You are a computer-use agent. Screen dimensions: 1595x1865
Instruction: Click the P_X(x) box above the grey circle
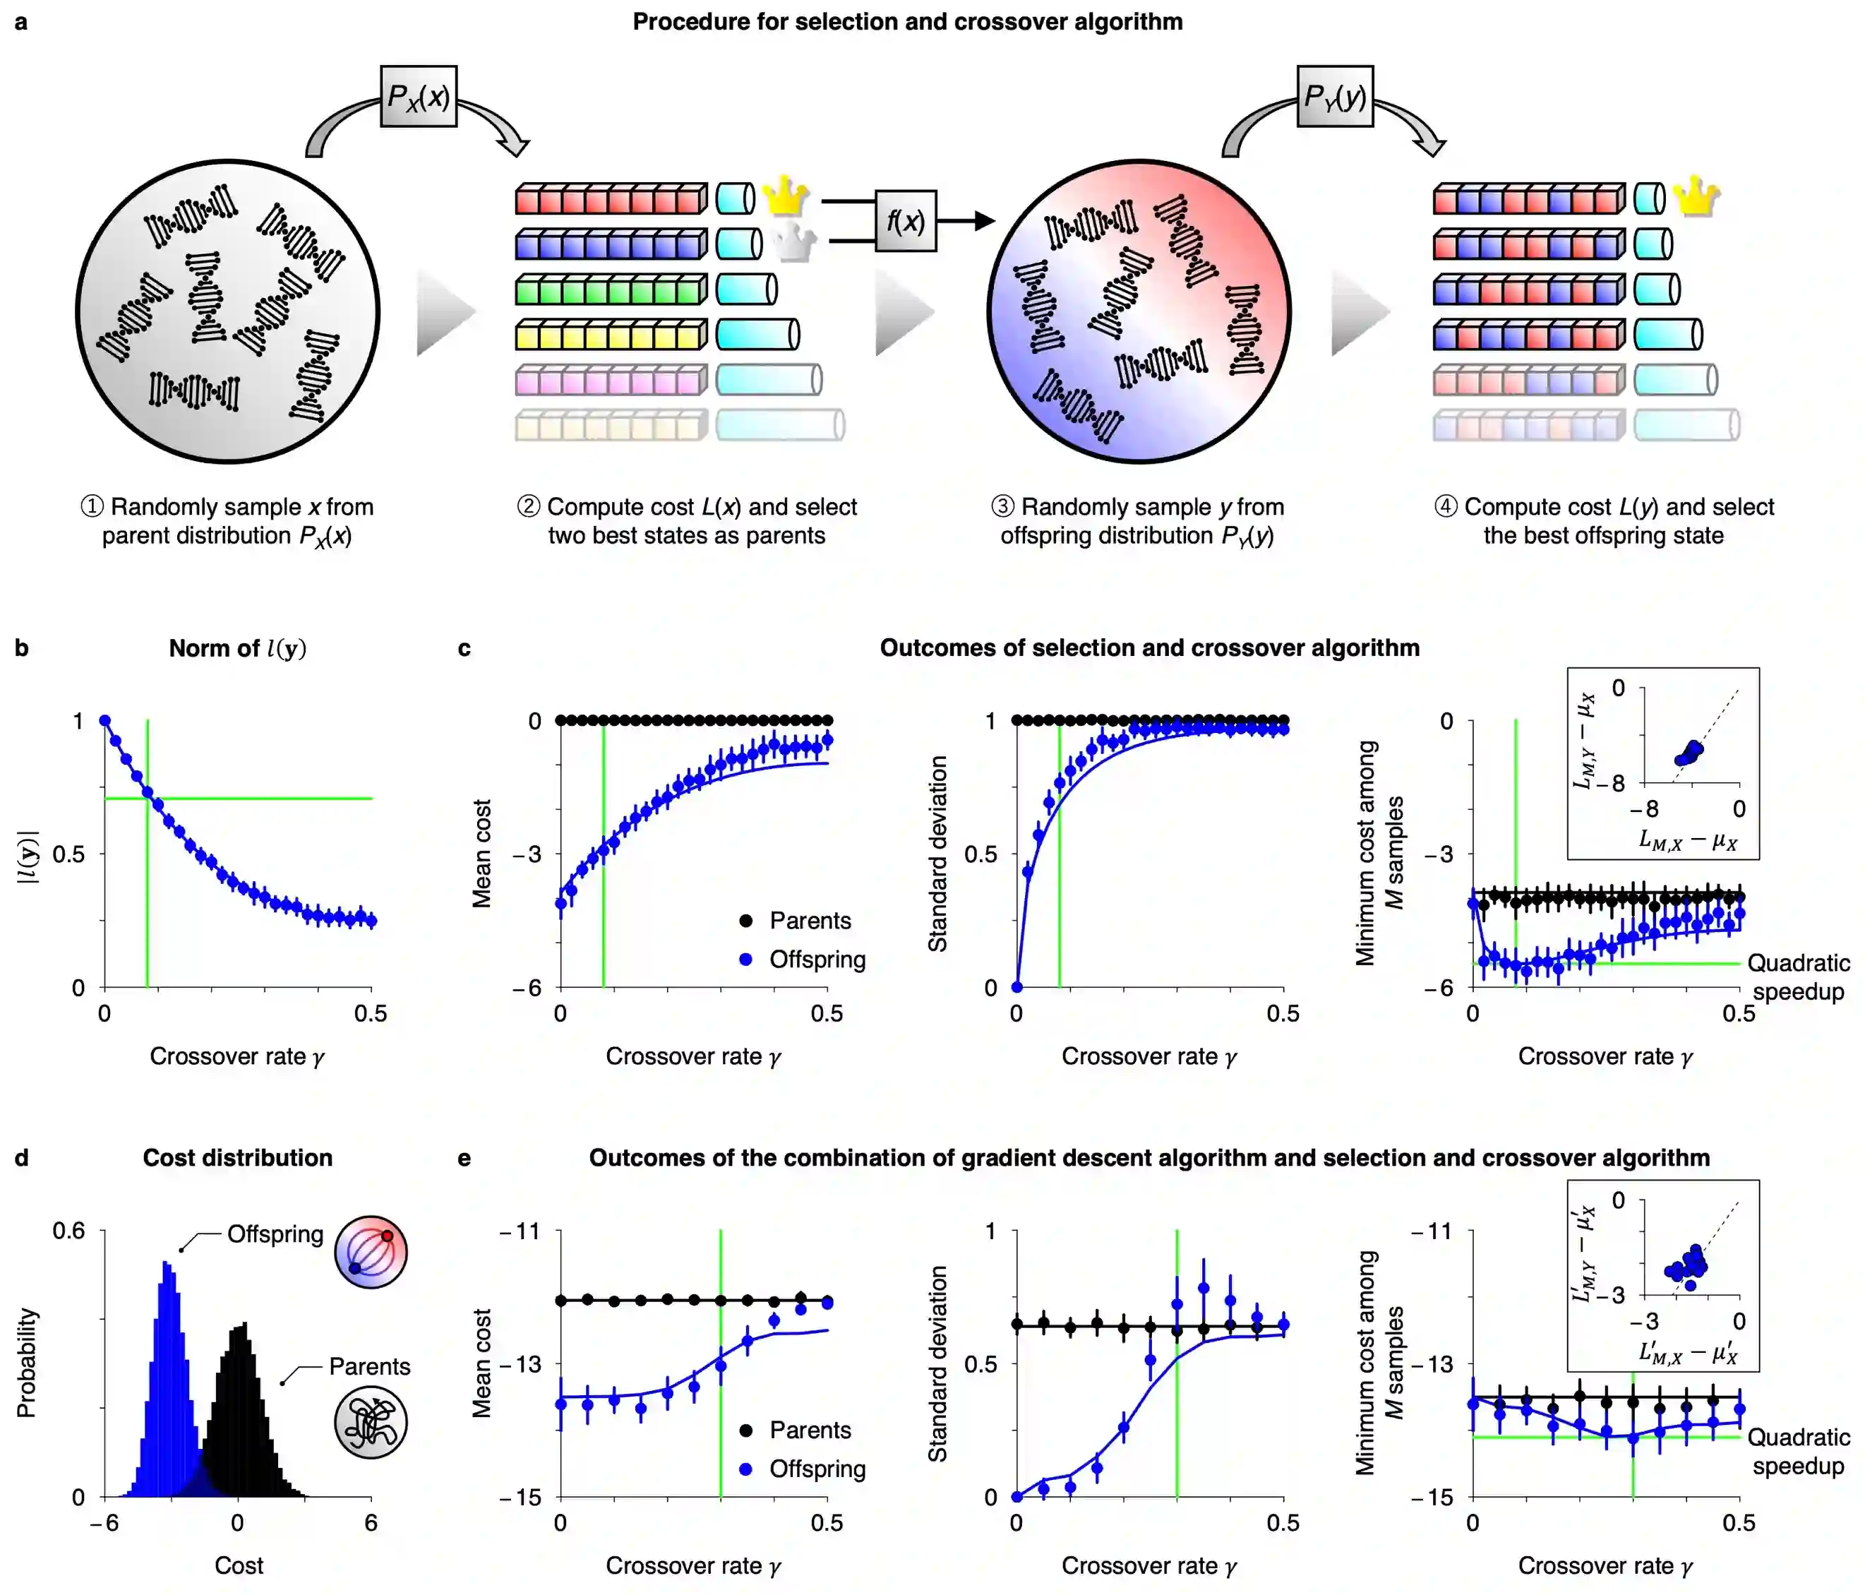(419, 96)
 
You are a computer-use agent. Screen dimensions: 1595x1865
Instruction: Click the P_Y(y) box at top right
(1335, 96)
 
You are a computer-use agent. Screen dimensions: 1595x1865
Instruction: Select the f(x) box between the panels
(906, 220)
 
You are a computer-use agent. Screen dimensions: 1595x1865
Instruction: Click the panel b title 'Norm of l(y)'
(238, 648)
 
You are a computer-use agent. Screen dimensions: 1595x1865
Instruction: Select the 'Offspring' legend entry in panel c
(817, 960)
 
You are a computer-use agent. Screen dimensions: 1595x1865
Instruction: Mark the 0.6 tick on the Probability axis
(68, 1231)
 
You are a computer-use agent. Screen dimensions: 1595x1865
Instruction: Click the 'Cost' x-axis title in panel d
(239, 1565)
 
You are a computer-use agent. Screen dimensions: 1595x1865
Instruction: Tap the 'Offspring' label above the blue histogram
(275, 1234)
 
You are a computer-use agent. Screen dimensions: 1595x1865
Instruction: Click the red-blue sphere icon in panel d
(371, 1252)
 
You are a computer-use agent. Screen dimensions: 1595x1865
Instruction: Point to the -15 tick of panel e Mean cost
(520, 1497)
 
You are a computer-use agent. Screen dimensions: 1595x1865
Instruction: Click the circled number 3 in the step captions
(1002, 507)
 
